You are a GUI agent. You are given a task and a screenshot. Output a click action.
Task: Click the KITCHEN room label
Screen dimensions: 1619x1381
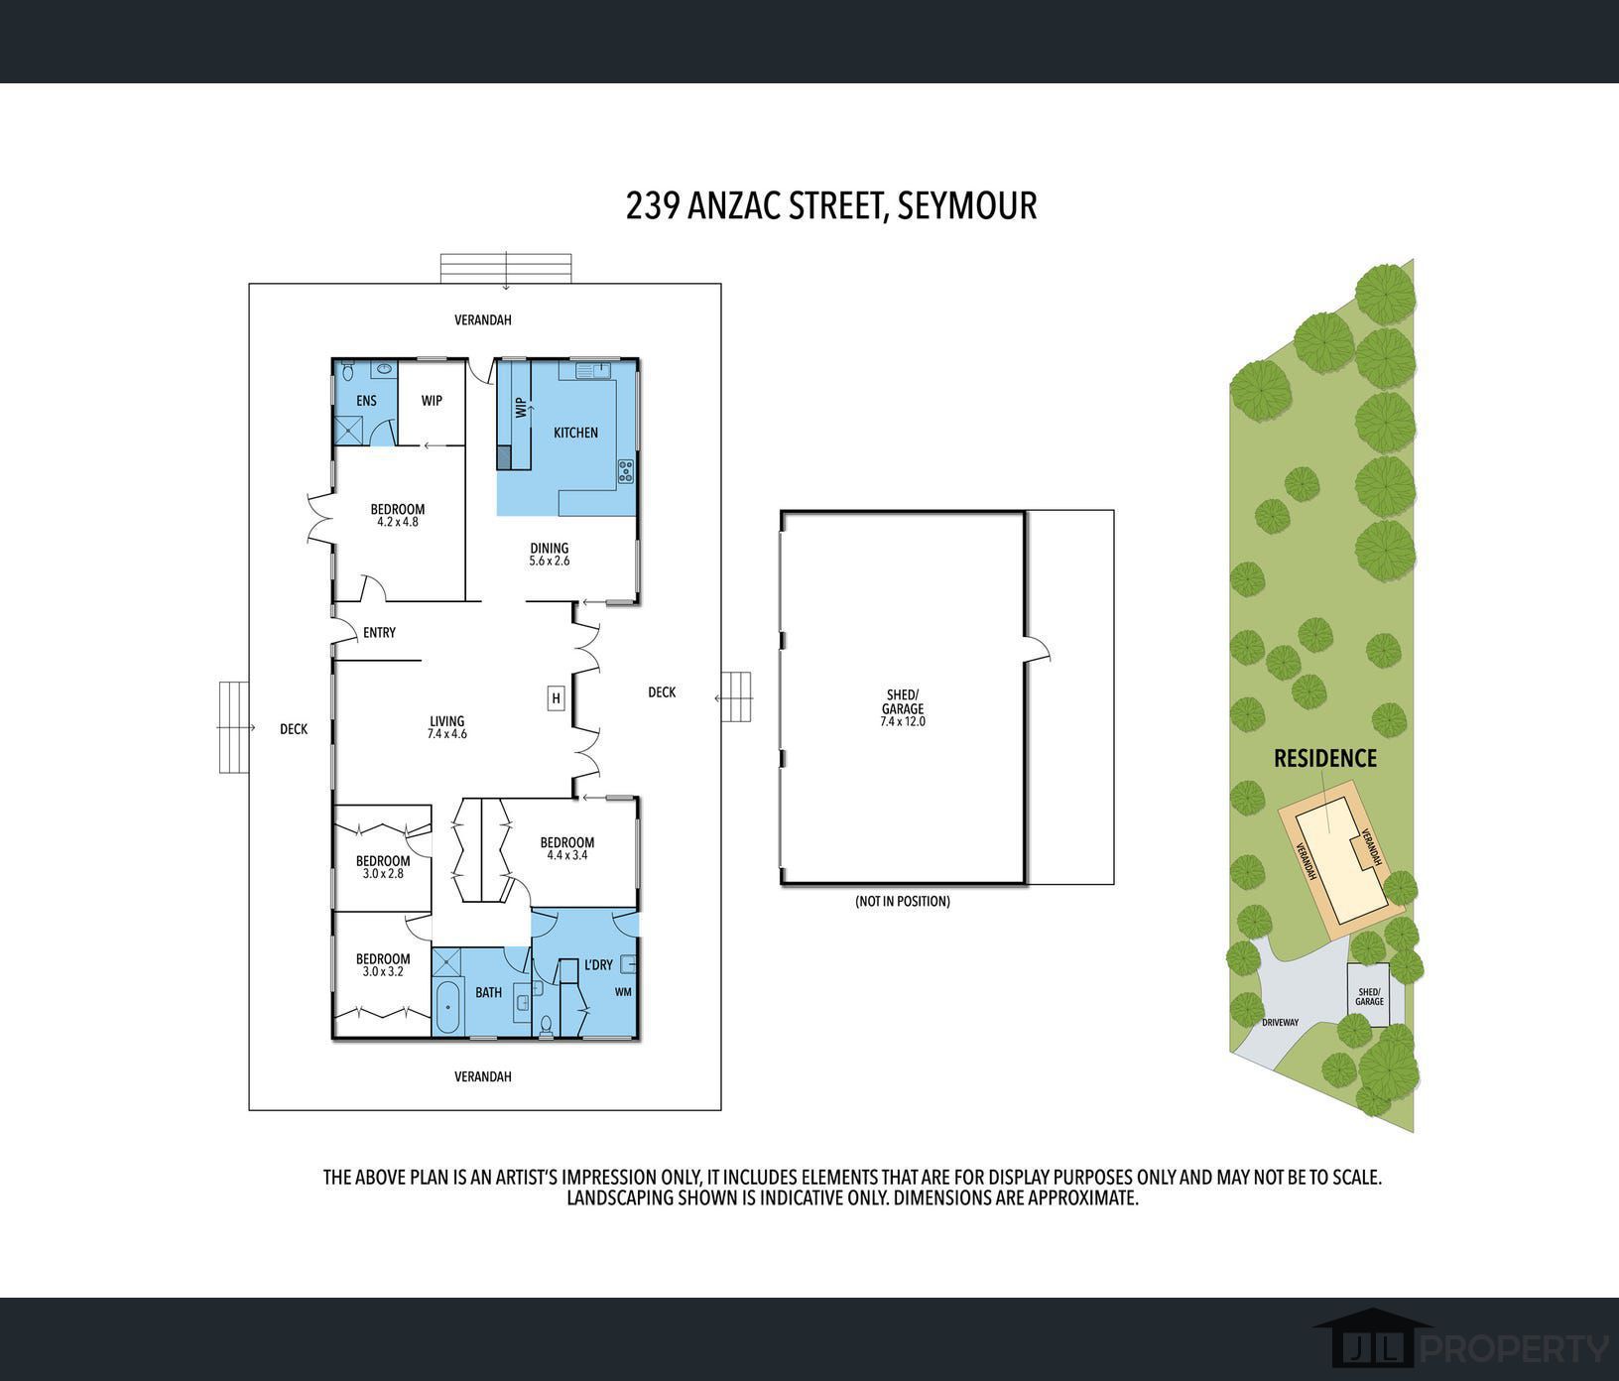point(575,433)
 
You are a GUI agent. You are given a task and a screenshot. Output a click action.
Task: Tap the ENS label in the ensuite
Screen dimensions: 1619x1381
point(366,401)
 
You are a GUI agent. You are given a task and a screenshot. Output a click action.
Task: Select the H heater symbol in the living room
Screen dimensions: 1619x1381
point(557,698)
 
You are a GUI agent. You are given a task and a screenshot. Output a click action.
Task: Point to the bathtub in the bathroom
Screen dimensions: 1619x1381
point(448,1007)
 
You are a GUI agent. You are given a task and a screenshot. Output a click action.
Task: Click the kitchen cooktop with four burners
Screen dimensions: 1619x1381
point(626,471)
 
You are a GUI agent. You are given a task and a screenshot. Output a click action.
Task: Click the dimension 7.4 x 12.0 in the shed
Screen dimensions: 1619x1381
point(903,721)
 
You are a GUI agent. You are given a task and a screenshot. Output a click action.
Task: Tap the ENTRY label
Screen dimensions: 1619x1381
point(379,633)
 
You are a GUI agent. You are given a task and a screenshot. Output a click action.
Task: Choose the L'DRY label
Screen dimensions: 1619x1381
point(598,964)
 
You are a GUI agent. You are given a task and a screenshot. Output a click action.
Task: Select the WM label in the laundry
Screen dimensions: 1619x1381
point(623,991)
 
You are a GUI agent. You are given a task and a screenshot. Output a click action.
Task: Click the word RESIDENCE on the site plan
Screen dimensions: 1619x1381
point(1325,759)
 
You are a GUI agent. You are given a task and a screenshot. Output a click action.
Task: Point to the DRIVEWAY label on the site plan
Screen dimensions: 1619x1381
point(1280,1023)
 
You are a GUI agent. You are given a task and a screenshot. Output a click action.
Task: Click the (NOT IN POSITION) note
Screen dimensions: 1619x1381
point(903,902)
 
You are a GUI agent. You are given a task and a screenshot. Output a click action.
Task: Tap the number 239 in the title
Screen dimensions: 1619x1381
point(652,205)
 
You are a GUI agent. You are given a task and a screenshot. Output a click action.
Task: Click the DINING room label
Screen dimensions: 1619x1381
point(550,548)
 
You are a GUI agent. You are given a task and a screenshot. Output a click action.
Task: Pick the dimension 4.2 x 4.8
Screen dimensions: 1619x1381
point(398,522)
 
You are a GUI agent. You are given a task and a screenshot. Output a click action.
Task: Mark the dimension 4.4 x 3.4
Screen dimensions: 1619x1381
point(567,854)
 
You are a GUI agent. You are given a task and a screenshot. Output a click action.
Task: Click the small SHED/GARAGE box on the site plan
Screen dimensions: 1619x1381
point(1369,994)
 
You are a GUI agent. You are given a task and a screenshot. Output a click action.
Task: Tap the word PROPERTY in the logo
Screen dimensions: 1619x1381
point(1516,1348)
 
